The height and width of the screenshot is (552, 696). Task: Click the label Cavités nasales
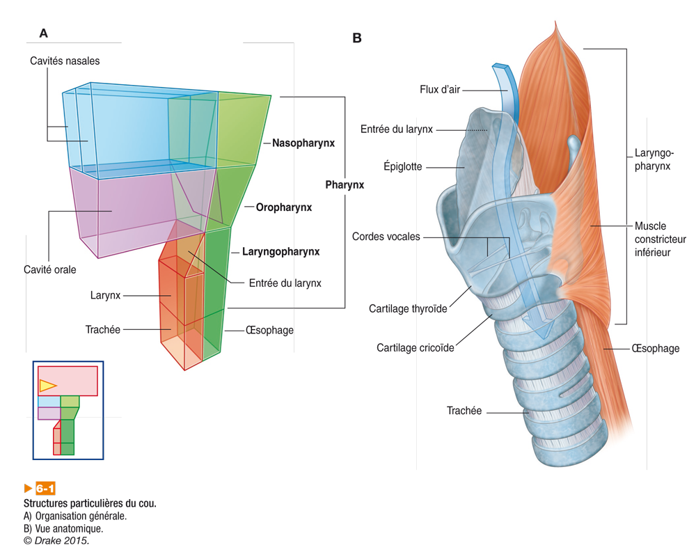[x=65, y=61]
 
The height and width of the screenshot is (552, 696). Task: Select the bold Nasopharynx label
[x=303, y=143]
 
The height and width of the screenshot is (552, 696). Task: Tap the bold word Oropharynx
[x=283, y=207]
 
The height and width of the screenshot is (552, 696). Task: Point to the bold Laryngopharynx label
[x=280, y=252]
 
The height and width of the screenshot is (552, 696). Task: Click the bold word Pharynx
[x=345, y=186]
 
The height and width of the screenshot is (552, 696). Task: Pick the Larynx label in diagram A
[x=105, y=296]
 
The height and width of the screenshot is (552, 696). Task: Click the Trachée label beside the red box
[x=103, y=329]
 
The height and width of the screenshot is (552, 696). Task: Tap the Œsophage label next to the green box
[x=269, y=330]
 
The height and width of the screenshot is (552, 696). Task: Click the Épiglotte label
[x=403, y=167]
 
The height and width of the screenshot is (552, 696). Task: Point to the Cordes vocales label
[x=386, y=237]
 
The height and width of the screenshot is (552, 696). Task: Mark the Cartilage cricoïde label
[x=416, y=347]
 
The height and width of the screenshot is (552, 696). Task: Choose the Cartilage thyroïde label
[x=409, y=308]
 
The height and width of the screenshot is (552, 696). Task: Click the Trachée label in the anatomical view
[x=464, y=411]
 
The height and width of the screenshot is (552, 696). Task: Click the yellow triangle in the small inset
[x=47, y=385]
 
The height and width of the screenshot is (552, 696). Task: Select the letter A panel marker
[x=43, y=33]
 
